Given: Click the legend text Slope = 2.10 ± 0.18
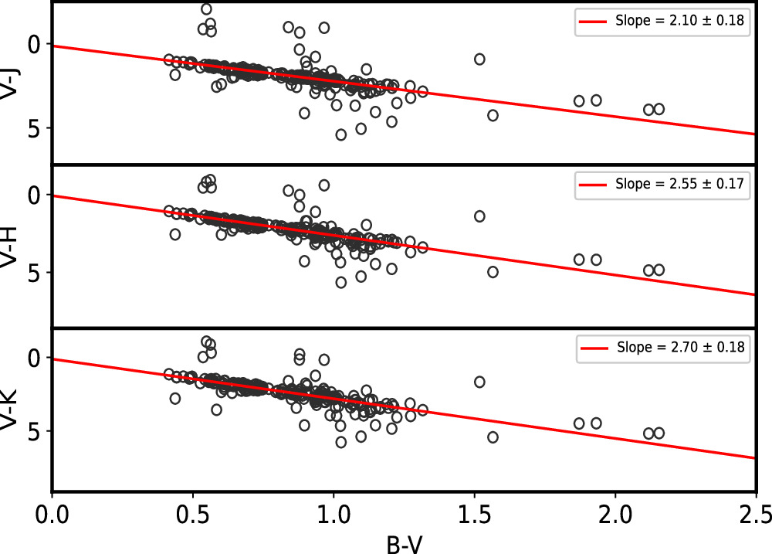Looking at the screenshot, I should coord(679,22).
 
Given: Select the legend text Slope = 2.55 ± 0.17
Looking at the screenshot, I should coord(679,185).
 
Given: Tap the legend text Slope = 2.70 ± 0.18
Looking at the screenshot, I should coord(679,348).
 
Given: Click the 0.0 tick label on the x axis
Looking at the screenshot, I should coord(52,513).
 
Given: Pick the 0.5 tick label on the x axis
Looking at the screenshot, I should coord(192,513).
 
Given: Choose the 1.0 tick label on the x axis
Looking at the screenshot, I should coord(334,513).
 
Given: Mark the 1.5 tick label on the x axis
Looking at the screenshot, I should coord(474,513).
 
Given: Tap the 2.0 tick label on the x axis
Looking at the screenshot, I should coord(615,513).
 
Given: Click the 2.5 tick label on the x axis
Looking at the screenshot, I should coord(752,513).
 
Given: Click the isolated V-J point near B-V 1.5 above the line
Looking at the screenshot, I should coord(479,59).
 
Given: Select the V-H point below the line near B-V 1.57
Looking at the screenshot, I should coord(493,272).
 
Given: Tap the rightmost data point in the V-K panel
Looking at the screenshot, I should coord(659,433).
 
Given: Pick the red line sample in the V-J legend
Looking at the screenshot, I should coord(593,22).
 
